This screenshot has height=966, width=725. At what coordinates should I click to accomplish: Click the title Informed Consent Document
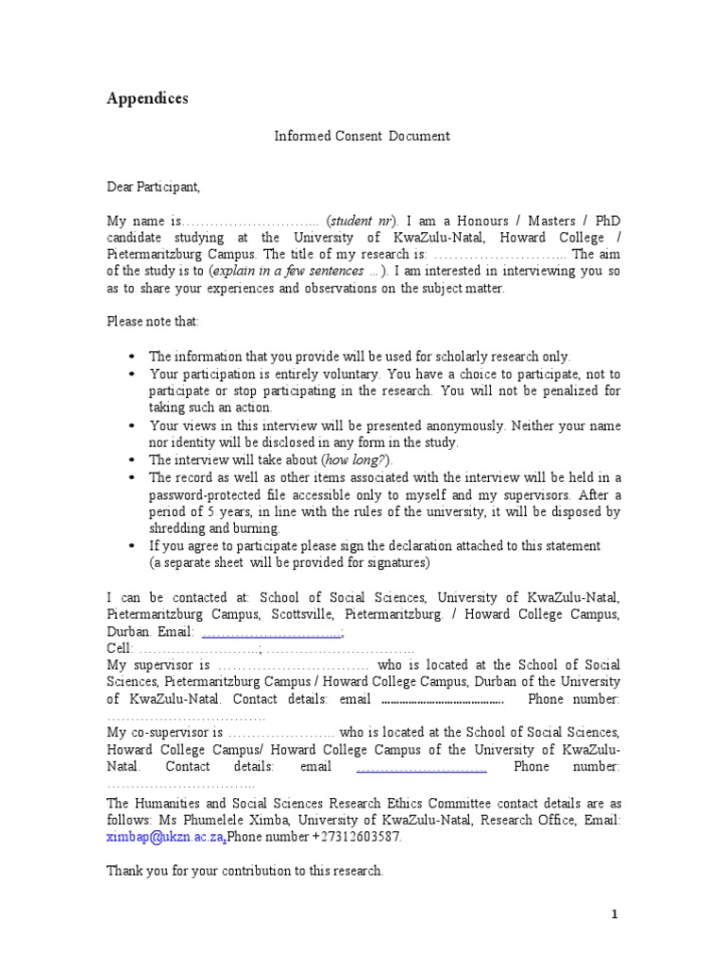click(362, 136)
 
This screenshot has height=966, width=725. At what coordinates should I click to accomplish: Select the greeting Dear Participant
click(153, 187)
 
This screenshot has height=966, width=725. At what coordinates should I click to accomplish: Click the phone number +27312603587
click(354, 837)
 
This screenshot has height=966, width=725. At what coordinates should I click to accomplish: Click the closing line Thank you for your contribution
click(245, 871)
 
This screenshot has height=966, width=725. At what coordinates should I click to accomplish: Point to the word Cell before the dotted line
click(119, 649)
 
